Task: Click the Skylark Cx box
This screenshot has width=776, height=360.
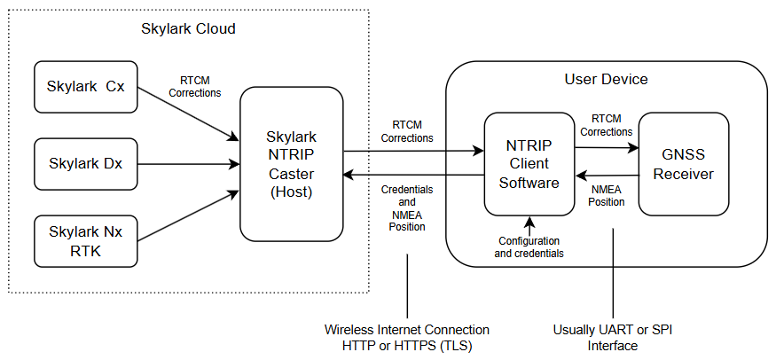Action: [86, 87]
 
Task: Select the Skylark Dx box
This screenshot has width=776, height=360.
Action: [86, 163]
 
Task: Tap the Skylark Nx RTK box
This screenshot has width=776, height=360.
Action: [86, 239]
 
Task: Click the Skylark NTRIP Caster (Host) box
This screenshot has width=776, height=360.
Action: [292, 162]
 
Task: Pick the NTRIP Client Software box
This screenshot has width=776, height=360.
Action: [529, 163]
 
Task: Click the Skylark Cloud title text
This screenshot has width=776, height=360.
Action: [188, 28]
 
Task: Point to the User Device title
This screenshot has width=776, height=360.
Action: [606, 79]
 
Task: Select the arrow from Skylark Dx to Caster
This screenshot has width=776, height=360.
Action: [189, 163]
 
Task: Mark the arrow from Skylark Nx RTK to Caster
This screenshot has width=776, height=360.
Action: [189, 214]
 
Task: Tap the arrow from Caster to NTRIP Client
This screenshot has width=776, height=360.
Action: [413, 151]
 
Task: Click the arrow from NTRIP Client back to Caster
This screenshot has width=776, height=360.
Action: [413, 175]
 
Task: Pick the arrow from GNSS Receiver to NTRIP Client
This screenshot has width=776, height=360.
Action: [607, 176]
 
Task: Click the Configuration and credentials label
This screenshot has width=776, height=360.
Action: [529, 247]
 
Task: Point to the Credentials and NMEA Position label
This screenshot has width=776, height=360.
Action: [407, 208]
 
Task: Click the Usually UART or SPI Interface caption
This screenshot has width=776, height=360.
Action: [612, 338]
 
